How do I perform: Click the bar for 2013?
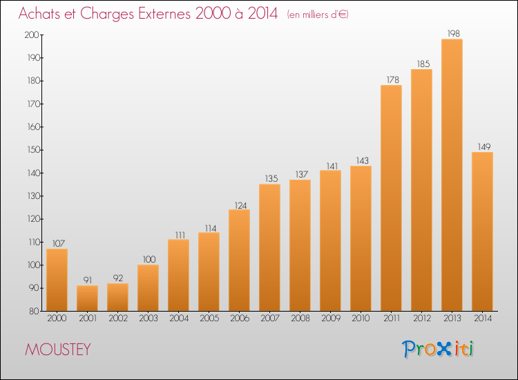coord(452,175)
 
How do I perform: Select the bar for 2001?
coord(87,298)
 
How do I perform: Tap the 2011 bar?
coord(391,198)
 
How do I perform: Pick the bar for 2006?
coord(239,260)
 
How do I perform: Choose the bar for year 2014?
coord(482,231)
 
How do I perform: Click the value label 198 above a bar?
coord(453,33)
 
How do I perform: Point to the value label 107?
coord(59,243)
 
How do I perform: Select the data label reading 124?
coord(240,205)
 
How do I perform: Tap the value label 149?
coord(484,146)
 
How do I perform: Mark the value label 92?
coord(118,278)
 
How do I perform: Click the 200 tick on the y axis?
coord(32,35)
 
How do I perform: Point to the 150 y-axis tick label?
coord(33,150)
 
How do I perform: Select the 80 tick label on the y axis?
coord(34,312)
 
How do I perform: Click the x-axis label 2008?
coord(300,319)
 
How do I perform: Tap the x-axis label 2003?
coord(148,319)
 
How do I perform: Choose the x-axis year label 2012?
coord(422,319)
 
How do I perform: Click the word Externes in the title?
coord(164,14)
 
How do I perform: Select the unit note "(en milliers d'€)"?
coord(318,15)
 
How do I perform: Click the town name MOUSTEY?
coord(58,350)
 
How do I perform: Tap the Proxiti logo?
coord(438,349)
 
